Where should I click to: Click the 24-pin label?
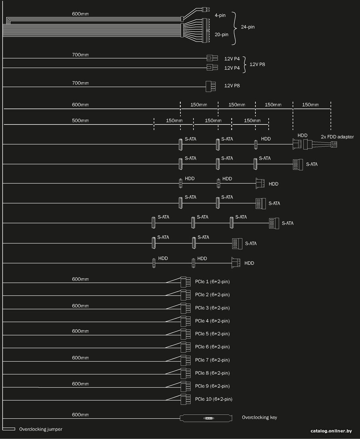coord(248,27)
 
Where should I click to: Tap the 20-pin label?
coord(222,35)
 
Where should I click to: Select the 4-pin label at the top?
coord(220,16)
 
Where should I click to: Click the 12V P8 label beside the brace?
coord(257,64)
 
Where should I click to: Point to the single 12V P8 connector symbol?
coord(211,86)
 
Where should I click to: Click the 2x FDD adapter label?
coord(337,137)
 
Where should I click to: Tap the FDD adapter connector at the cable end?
coord(334,144)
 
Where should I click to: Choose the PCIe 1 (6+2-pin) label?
coord(212,282)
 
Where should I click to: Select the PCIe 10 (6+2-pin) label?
coord(214,399)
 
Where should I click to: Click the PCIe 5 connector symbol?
coord(185,334)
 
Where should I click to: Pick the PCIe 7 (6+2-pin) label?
coord(212,360)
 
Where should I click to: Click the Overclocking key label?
coord(259,417)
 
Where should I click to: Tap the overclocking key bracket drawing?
coord(206,418)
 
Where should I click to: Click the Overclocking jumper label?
coord(41,429)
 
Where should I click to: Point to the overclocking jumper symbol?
coord(9,429)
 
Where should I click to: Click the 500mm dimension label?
coord(80,121)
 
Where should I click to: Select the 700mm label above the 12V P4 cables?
coord(80,55)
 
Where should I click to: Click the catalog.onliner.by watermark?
coord(331,431)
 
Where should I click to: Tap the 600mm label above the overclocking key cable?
coord(80,415)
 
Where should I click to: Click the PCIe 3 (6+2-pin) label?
coord(212,308)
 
